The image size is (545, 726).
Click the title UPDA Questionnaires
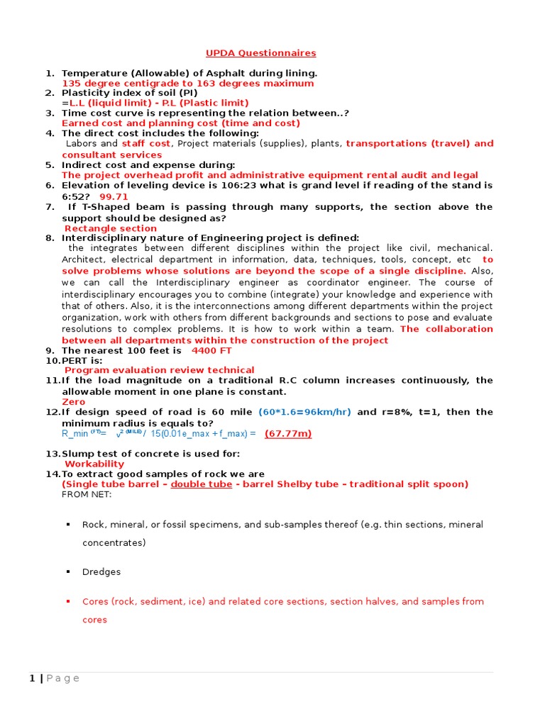[260, 53]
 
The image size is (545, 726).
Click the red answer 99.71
[114, 196]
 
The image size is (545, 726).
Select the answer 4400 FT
[211, 350]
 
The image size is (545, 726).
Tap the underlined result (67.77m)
[288, 434]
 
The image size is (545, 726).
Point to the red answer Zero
[74, 401]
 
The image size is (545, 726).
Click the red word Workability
[94, 464]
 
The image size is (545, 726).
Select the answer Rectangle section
[111, 228]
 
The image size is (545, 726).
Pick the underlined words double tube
[201, 484]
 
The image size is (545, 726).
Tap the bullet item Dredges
[101, 572]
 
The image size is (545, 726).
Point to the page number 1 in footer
[32, 678]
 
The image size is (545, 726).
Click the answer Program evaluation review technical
[159, 370]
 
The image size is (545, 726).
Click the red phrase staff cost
[145, 144]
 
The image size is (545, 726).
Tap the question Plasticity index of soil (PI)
[129, 93]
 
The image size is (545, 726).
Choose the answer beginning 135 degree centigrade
[187, 83]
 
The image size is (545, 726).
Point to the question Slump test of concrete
[150, 454]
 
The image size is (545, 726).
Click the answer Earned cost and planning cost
[180, 123]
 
